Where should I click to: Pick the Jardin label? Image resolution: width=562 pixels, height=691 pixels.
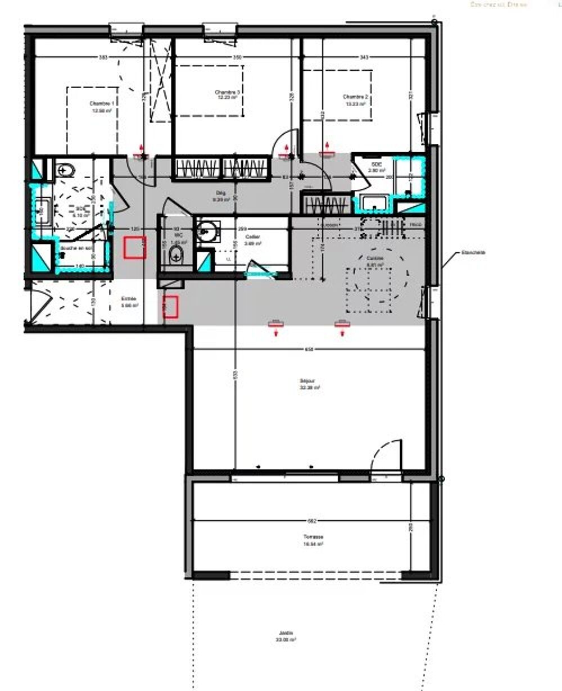(286, 636)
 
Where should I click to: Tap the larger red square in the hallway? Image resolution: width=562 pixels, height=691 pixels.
(135, 248)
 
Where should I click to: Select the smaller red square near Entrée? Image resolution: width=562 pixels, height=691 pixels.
(170, 306)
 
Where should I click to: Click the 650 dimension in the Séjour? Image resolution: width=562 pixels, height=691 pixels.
(309, 349)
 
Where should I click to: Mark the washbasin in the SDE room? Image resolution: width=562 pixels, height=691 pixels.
(372, 202)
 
